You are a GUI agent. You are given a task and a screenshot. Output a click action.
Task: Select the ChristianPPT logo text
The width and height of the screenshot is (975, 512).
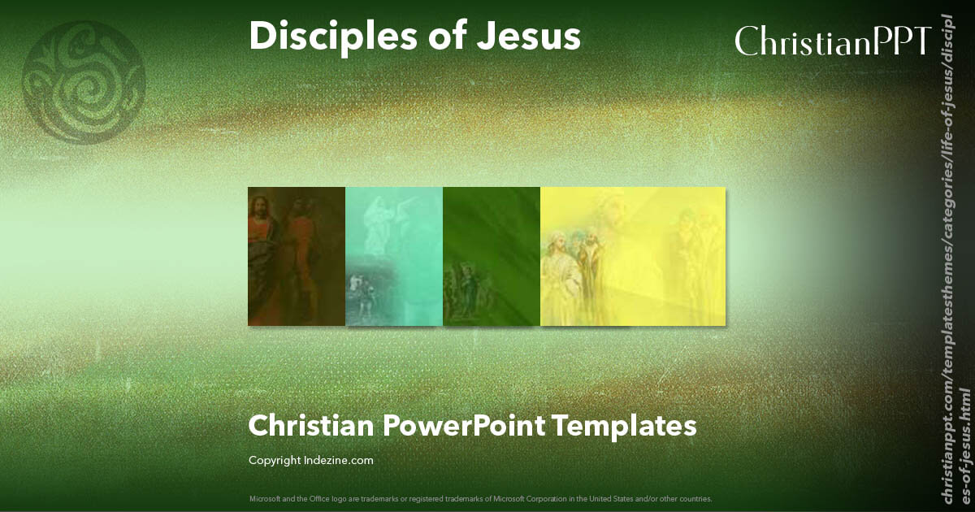point(833,41)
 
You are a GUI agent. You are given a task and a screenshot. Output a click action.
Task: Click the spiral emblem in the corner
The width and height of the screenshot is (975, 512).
point(84,82)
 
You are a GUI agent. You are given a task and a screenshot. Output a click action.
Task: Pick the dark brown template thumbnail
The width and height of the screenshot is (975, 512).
point(297,256)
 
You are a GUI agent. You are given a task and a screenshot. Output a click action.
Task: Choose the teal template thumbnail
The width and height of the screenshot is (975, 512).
point(394,256)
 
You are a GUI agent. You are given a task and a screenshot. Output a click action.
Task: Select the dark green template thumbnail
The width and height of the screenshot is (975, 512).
point(492,256)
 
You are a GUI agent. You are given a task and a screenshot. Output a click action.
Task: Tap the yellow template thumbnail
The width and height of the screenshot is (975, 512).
point(633,256)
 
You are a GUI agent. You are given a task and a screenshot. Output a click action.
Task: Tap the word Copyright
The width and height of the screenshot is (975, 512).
point(275,461)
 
